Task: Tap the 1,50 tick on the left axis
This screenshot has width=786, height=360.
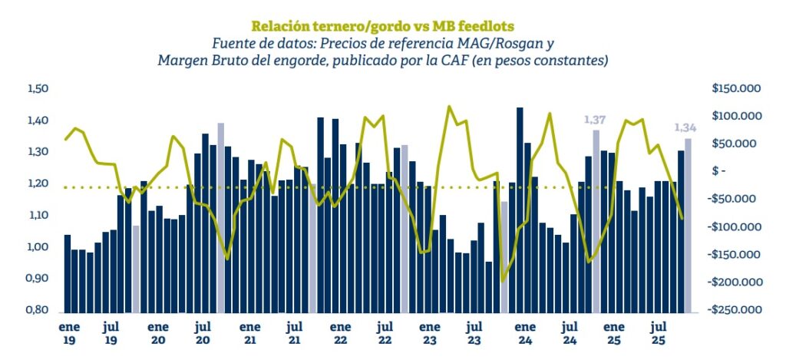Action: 38,89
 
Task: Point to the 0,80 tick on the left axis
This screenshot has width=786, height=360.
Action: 38,310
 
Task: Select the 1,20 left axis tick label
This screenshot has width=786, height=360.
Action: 38,183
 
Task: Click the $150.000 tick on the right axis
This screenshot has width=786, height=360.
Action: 735,89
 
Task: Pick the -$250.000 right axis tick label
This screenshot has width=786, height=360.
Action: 735,310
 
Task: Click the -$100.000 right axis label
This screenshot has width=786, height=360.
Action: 735,227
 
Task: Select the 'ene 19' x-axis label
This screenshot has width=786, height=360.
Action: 68,332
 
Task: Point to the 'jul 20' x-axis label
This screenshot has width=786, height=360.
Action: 203,332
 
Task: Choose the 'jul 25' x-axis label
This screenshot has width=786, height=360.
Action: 657,332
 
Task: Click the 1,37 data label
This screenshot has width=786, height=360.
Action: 596,120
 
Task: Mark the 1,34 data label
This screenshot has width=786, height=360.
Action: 685,127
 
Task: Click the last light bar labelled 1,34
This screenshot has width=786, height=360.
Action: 688,225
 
